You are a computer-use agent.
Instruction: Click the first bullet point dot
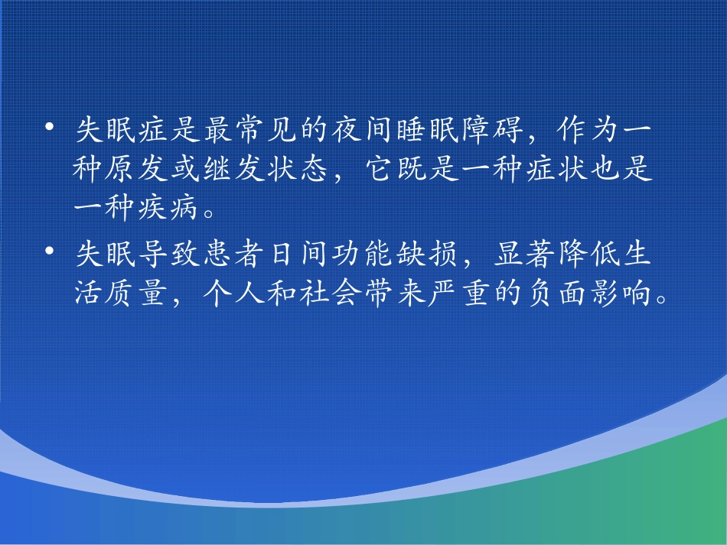point(50,126)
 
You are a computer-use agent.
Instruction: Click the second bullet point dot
point(50,251)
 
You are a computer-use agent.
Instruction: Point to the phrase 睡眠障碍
point(460,129)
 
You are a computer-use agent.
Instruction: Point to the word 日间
point(298,254)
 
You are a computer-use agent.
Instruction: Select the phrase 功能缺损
point(395,254)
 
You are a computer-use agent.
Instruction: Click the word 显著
point(524,254)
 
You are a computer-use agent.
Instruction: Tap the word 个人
point(233,293)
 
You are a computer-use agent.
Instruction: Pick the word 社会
point(331,293)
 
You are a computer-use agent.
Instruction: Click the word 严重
point(459,293)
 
